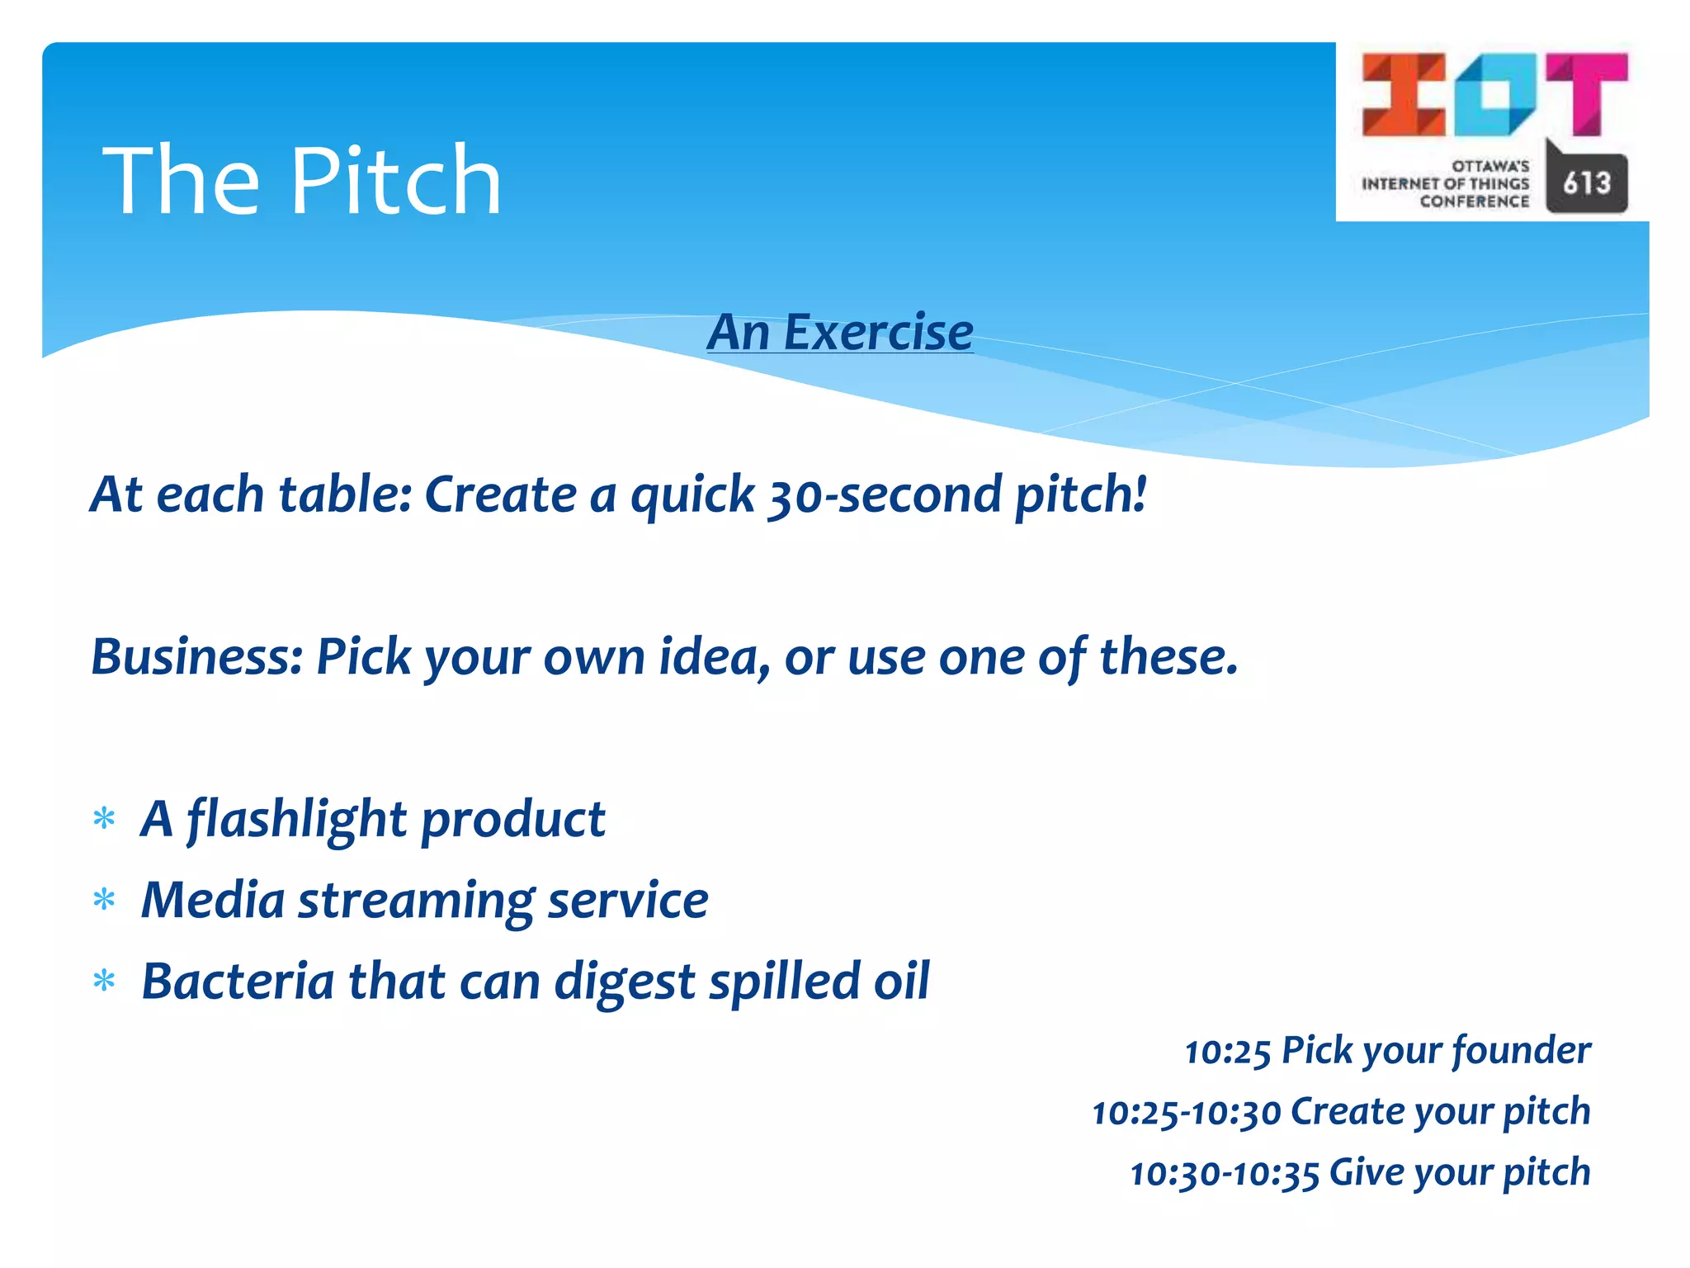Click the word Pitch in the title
(x=396, y=182)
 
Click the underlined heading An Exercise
(x=840, y=332)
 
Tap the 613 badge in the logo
(x=1586, y=182)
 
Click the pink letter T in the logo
(x=1586, y=93)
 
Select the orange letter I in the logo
(x=1403, y=94)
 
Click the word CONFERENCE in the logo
(x=1474, y=202)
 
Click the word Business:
(x=196, y=657)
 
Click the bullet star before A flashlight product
(x=104, y=819)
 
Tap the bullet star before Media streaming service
(x=104, y=900)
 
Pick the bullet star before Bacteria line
(x=104, y=982)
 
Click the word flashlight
(x=297, y=820)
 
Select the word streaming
(x=416, y=900)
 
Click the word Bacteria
(x=238, y=981)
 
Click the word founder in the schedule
(x=1520, y=1051)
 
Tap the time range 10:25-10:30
(x=1186, y=1113)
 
